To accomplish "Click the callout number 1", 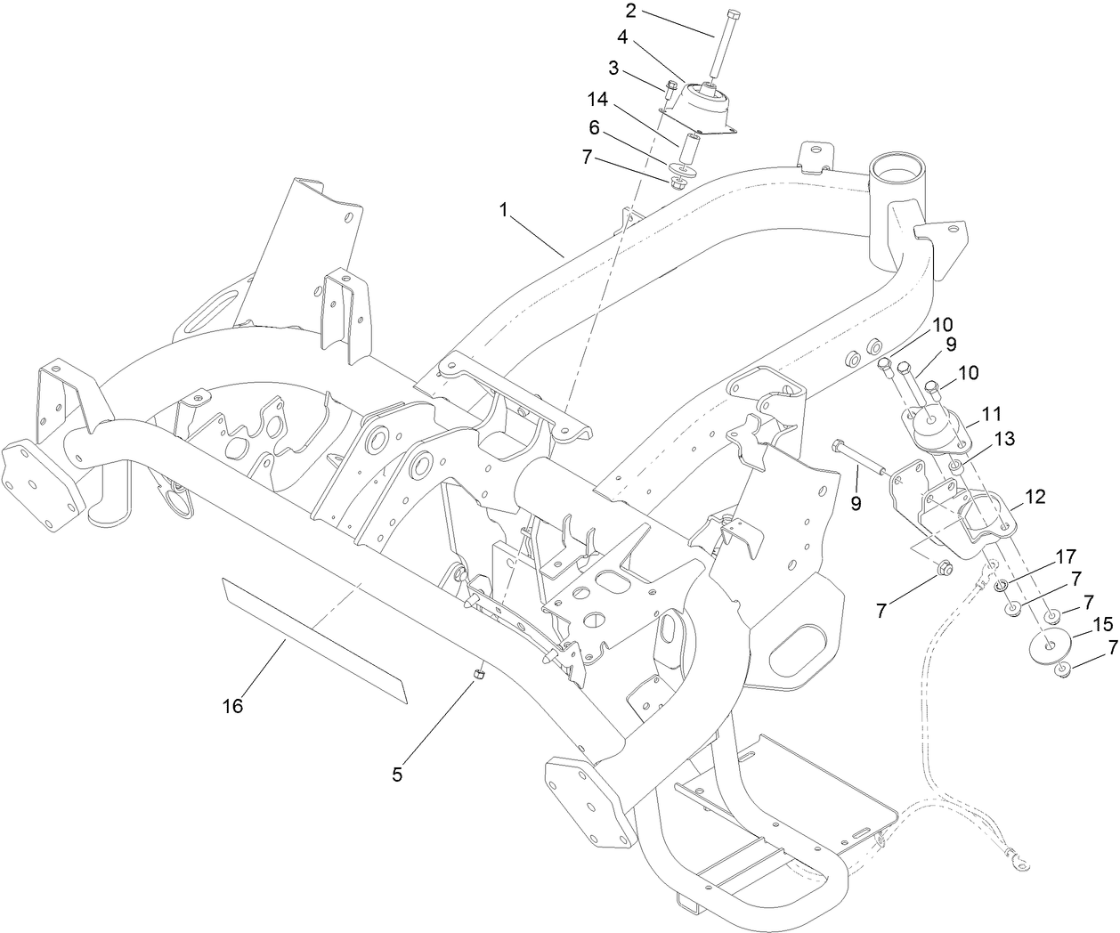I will pyautogui.click(x=504, y=210).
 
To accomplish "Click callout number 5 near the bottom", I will pyautogui.click(x=397, y=775).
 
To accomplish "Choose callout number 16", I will pyautogui.click(x=233, y=706).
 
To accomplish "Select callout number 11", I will pyautogui.click(x=992, y=413).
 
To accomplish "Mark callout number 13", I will pyautogui.click(x=1004, y=439).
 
